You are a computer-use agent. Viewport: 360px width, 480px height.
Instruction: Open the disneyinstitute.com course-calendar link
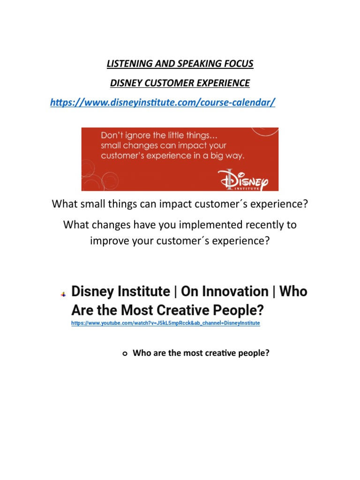click(x=163, y=103)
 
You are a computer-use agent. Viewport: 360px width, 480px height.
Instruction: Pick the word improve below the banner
click(x=106, y=240)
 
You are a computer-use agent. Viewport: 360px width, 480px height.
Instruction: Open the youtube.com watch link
click(x=165, y=323)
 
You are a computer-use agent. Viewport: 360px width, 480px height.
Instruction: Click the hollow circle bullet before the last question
click(x=124, y=354)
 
